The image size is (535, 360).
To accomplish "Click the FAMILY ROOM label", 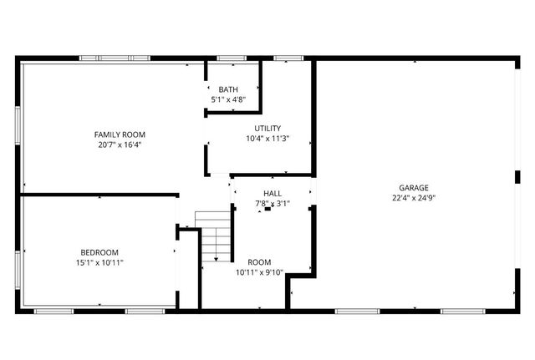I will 120,134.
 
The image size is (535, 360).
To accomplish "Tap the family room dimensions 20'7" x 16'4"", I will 120,145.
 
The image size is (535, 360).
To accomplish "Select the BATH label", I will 228,89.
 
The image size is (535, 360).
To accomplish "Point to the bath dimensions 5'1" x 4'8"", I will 228,99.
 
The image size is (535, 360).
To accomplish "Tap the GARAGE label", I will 414,188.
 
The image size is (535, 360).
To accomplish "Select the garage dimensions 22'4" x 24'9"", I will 414,198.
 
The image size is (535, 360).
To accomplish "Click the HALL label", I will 273,193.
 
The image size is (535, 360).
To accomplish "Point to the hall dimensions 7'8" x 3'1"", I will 273,203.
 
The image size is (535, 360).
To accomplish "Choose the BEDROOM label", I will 99,252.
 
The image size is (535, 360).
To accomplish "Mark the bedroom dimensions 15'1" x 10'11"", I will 99,262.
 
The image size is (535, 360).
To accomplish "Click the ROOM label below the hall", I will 259,261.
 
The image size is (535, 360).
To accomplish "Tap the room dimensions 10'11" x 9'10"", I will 259,271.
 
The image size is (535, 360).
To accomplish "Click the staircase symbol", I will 214,236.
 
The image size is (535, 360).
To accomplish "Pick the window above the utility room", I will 288,58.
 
